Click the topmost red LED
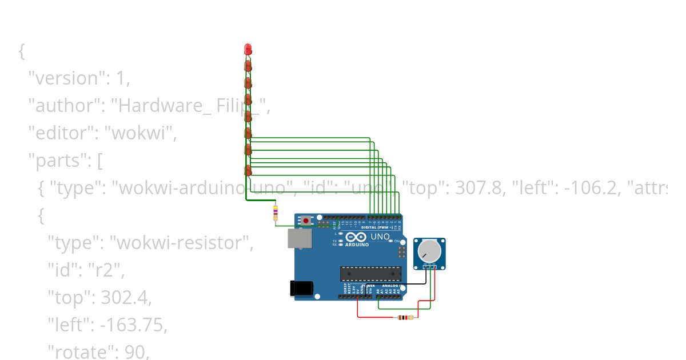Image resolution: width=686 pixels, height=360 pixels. (248, 49)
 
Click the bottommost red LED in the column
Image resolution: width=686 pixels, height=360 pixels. (248, 170)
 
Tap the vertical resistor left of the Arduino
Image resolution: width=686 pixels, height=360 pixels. (276, 213)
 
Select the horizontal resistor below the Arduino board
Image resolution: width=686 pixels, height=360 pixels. (406, 317)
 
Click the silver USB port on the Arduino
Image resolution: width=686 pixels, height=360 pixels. (297, 239)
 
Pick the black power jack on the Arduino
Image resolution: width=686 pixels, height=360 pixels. (301, 288)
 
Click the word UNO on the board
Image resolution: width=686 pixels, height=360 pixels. (380, 237)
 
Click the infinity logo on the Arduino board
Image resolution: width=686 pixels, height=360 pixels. (356, 237)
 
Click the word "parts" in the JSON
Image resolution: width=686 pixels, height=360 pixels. (55, 161)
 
